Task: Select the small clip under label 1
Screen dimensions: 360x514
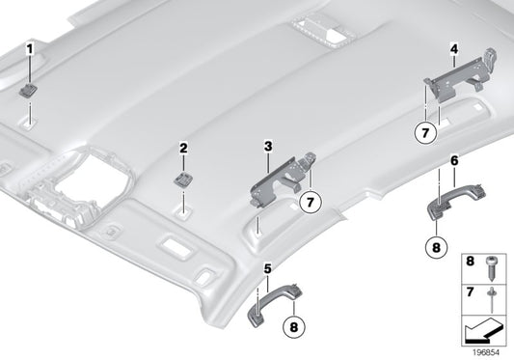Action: (31, 90)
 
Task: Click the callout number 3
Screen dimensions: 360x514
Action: (268, 146)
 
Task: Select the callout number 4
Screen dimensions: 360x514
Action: (453, 46)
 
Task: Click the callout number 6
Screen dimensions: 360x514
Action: (453, 157)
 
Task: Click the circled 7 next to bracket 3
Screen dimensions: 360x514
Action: (309, 202)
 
